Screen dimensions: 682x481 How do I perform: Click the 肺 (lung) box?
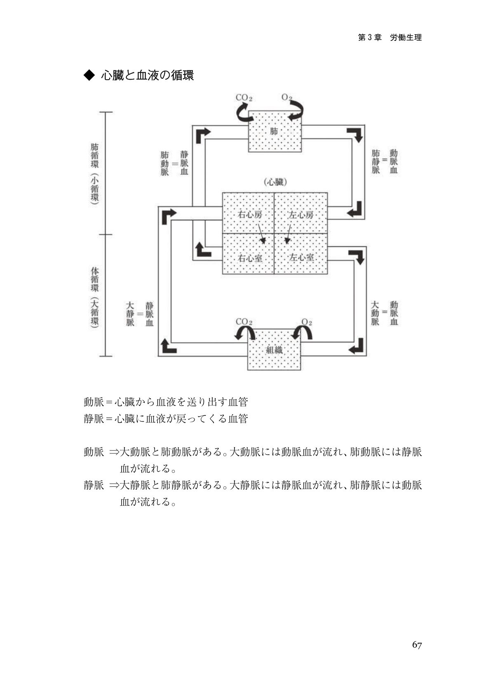point(275,132)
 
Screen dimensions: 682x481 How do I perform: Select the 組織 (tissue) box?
point(274,350)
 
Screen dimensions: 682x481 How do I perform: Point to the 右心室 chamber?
point(249,257)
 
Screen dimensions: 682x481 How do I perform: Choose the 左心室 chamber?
point(301,257)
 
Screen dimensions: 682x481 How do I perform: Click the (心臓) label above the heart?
point(275,182)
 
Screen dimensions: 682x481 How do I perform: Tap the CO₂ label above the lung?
point(244,98)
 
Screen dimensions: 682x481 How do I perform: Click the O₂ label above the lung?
point(287,98)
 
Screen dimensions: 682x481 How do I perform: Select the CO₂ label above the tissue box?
point(244,322)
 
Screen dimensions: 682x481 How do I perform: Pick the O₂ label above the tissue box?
point(307,322)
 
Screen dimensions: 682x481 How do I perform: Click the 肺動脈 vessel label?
point(164,163)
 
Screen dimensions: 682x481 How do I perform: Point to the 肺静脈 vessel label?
point(375,161)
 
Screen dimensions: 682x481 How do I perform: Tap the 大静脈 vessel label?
point(130,314)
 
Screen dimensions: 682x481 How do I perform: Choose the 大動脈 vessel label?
point(375,313)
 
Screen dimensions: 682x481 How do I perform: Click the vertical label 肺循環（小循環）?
point(95,173)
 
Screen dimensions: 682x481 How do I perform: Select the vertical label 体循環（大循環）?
point(95,297)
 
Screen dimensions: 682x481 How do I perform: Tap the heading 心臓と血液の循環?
point(147,76)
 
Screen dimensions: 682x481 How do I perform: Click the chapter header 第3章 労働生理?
point(389,38)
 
